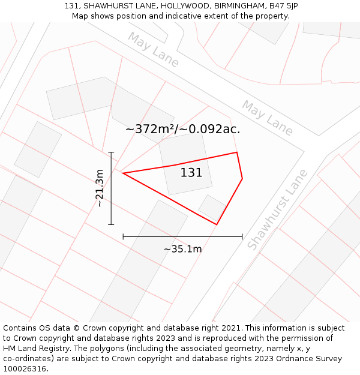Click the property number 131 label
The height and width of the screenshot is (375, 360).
[191, 173]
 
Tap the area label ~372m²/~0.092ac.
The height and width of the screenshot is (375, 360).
[182, 129]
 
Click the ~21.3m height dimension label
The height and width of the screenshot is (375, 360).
[100, 188]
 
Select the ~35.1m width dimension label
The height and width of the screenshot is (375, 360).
[182, 248]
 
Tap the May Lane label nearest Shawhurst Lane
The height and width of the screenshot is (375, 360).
[268, 118]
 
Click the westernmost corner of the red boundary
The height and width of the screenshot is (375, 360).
[122, 173]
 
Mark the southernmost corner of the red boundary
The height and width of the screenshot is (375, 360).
[217, 224]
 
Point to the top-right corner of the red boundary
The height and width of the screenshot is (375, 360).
[237, 152]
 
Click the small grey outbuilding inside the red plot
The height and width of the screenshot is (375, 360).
[212, 208]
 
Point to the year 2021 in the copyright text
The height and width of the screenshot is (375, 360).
[231, 328]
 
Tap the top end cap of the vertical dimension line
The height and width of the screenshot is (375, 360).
[111, 152]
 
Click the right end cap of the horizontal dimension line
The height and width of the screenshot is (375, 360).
[242, 236]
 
